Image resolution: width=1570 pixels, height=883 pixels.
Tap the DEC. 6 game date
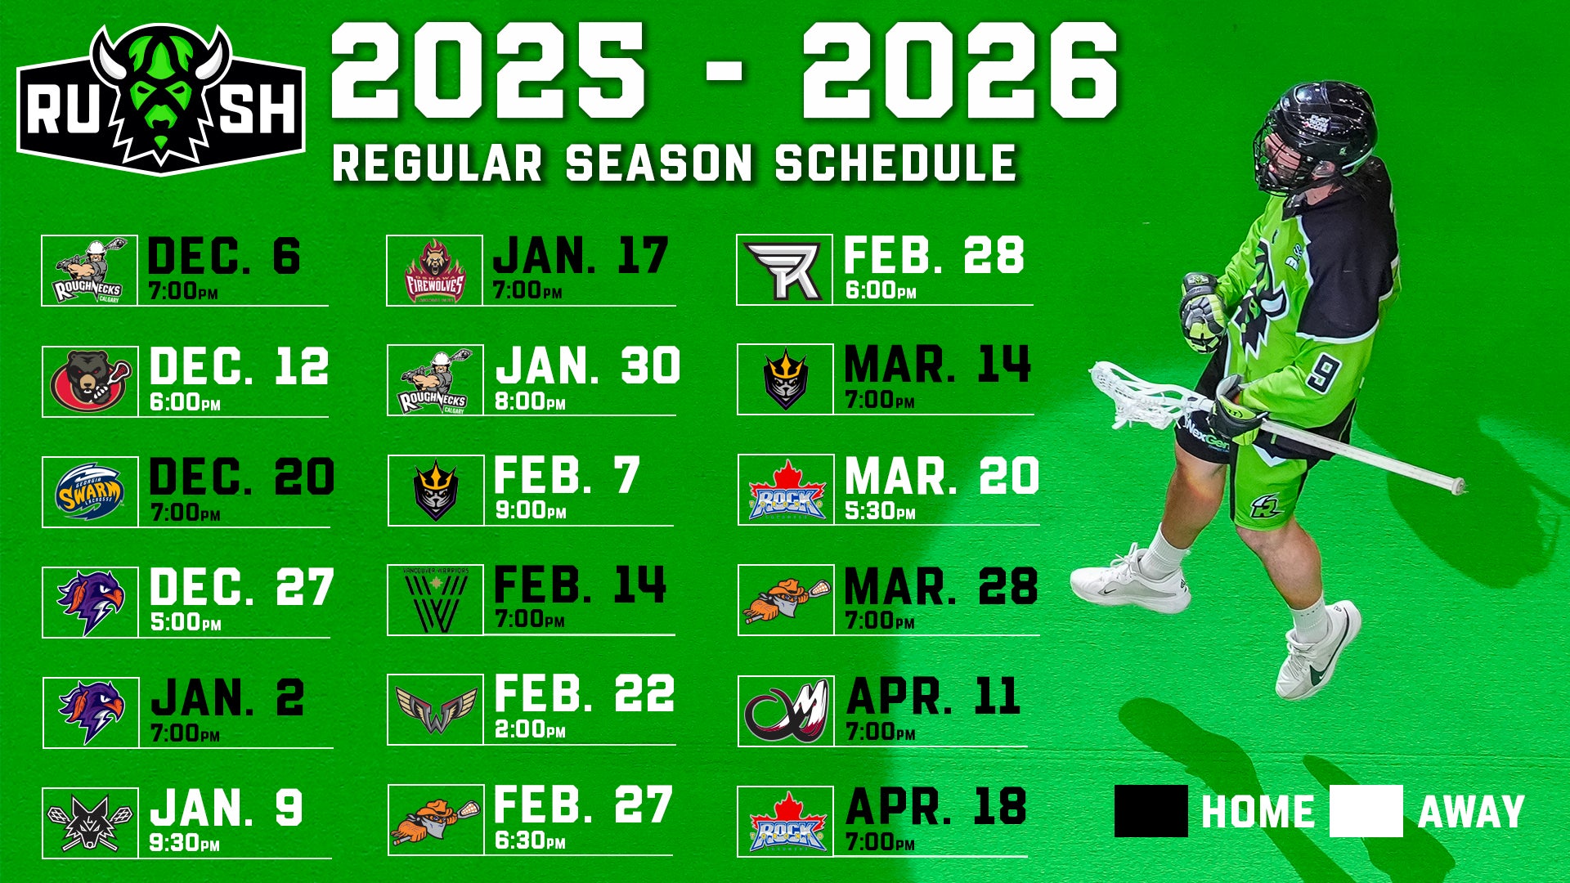tap(224, 256)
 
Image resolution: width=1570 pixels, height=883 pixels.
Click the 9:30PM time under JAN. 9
tap(185, 842)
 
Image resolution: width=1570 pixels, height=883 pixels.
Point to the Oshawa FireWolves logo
tap(435, 271)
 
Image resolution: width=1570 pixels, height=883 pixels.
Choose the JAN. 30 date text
tap(588, 365)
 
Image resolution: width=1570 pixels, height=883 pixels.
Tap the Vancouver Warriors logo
tap(436, 602)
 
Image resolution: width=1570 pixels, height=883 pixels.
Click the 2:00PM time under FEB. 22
tap(530, 728)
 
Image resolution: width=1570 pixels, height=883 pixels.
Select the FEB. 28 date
tap(934, 255)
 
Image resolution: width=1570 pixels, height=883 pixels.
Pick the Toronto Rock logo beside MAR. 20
tap(786, 491)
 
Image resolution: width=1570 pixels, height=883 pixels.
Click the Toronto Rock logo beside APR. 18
tap(786, 822)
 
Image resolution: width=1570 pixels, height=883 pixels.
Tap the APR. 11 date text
tap(933, 697)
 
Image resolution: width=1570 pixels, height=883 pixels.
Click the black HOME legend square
tap(1151, 811)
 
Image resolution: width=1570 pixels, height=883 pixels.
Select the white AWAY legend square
tap(1366, 811)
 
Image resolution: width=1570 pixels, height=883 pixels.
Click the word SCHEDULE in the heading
tap(895, 163)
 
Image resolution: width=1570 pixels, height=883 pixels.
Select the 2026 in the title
tap(960, 70)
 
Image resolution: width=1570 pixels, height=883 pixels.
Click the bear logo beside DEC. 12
tap(90, 381)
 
